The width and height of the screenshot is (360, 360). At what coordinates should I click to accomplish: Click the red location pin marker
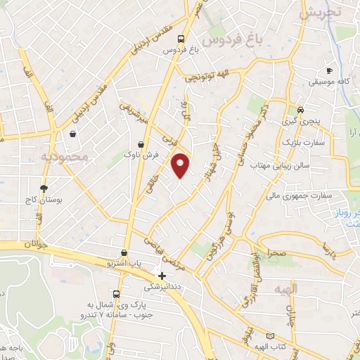181,165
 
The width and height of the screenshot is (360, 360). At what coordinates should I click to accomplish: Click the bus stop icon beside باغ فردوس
181,39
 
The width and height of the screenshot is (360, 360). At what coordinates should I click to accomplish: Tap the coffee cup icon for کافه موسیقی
329,70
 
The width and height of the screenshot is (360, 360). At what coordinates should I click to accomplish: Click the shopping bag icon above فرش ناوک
141,144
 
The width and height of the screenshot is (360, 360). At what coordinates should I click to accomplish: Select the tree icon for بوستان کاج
44,188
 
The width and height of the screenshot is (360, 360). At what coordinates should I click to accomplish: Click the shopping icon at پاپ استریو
124,252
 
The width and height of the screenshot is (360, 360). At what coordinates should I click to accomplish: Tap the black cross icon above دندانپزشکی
162,276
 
